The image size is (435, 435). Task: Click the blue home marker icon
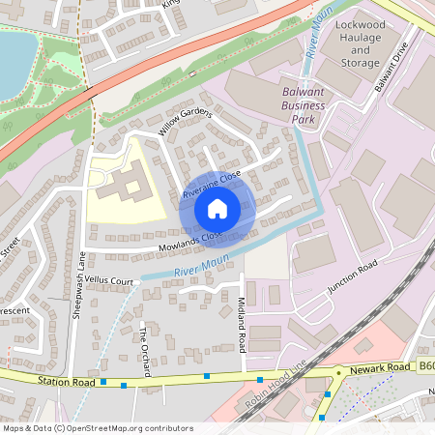(217, 208)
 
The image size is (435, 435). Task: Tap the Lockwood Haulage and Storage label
(360, 43)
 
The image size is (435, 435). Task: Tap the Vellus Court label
(108, 280)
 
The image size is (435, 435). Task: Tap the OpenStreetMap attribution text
(97, 427)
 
